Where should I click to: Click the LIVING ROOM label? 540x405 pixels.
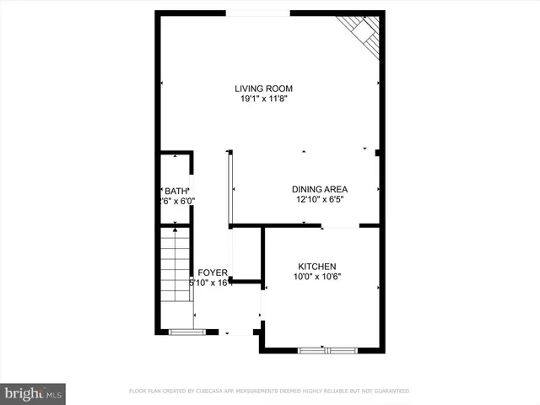click(x=269, y=89)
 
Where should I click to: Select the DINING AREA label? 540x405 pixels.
click(x=320, y=189)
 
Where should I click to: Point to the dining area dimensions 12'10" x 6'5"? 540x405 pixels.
click(x=320, y=200)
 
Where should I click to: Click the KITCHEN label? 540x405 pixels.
click(x=316, y=266)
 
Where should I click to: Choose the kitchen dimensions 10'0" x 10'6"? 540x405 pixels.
click(x=316, y=277)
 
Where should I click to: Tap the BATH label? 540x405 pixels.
click(x=175, y=191)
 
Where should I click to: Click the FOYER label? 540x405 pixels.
click(x=213, y=273)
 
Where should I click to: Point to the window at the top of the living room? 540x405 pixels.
click(x=259, y=13)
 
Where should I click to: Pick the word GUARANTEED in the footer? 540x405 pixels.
click(x=389, y=391)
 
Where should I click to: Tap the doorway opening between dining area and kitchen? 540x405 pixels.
click(x=341, y=226)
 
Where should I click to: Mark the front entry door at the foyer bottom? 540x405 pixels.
click(x=240, y=334)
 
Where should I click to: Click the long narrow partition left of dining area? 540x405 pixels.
click(x=229, y=188)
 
